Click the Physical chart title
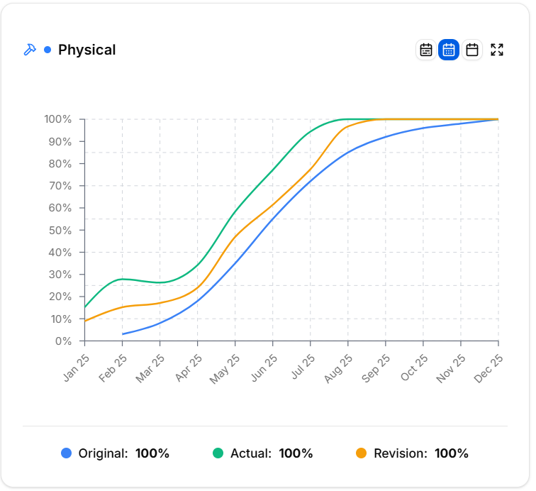click(x=86, y=50)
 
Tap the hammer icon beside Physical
click(x=30, y=50)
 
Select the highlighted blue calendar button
click(x=449, y=50)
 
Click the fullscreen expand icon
click(x=497, y=50)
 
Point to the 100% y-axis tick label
click(x=57, y=119)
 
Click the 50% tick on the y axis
click(x=60, y=230)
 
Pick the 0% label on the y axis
click(x=63, y=341)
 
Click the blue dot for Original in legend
click(x=67, y=453)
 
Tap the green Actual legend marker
click(x=218, y=453)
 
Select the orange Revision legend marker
click(x=362, y=453)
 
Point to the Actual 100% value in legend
click(x=296, y=453)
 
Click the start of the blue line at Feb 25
click(x=123, y=333)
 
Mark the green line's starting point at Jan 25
click(x=85, y=307)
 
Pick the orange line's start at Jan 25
click(x=85, y=321)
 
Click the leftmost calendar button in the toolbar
click(x=425, y=50)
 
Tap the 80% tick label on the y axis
click(x=60, y=164)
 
